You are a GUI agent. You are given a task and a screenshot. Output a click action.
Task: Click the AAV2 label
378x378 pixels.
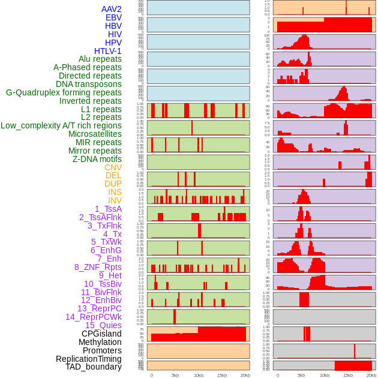point(112,10)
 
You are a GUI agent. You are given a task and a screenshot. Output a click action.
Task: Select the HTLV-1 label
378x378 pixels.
point(108,51)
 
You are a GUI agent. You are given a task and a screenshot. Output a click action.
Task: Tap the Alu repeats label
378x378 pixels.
point(100,59)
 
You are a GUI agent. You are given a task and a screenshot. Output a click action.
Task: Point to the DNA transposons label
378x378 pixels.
point(89,84)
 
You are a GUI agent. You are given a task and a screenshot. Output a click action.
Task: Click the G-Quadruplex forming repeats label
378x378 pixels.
point(64,92)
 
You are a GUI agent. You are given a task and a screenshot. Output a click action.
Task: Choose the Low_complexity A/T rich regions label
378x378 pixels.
point(61,125)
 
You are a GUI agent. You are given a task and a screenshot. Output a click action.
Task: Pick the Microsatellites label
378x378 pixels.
point(95,134)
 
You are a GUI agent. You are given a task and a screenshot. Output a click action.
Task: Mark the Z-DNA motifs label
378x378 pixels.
point(97,159)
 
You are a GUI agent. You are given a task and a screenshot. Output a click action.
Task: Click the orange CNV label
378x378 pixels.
point(113,167)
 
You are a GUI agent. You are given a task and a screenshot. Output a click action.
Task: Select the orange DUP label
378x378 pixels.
point(113,184)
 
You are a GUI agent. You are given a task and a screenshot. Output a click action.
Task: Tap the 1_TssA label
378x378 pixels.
point(108,209)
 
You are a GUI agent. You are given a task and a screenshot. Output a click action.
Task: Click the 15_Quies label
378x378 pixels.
point(103,325)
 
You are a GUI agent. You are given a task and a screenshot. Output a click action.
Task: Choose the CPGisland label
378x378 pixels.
point(101,334)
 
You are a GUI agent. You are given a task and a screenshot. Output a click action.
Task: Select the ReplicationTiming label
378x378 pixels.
point(89,359)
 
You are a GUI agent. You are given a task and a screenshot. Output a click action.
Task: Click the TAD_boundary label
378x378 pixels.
point(94,367)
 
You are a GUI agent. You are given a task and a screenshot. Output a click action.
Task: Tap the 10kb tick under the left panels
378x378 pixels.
point(198,375)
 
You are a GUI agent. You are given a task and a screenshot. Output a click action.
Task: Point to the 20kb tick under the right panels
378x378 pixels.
point(371,375)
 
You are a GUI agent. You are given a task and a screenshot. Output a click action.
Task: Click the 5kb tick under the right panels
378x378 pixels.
point(301,375)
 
